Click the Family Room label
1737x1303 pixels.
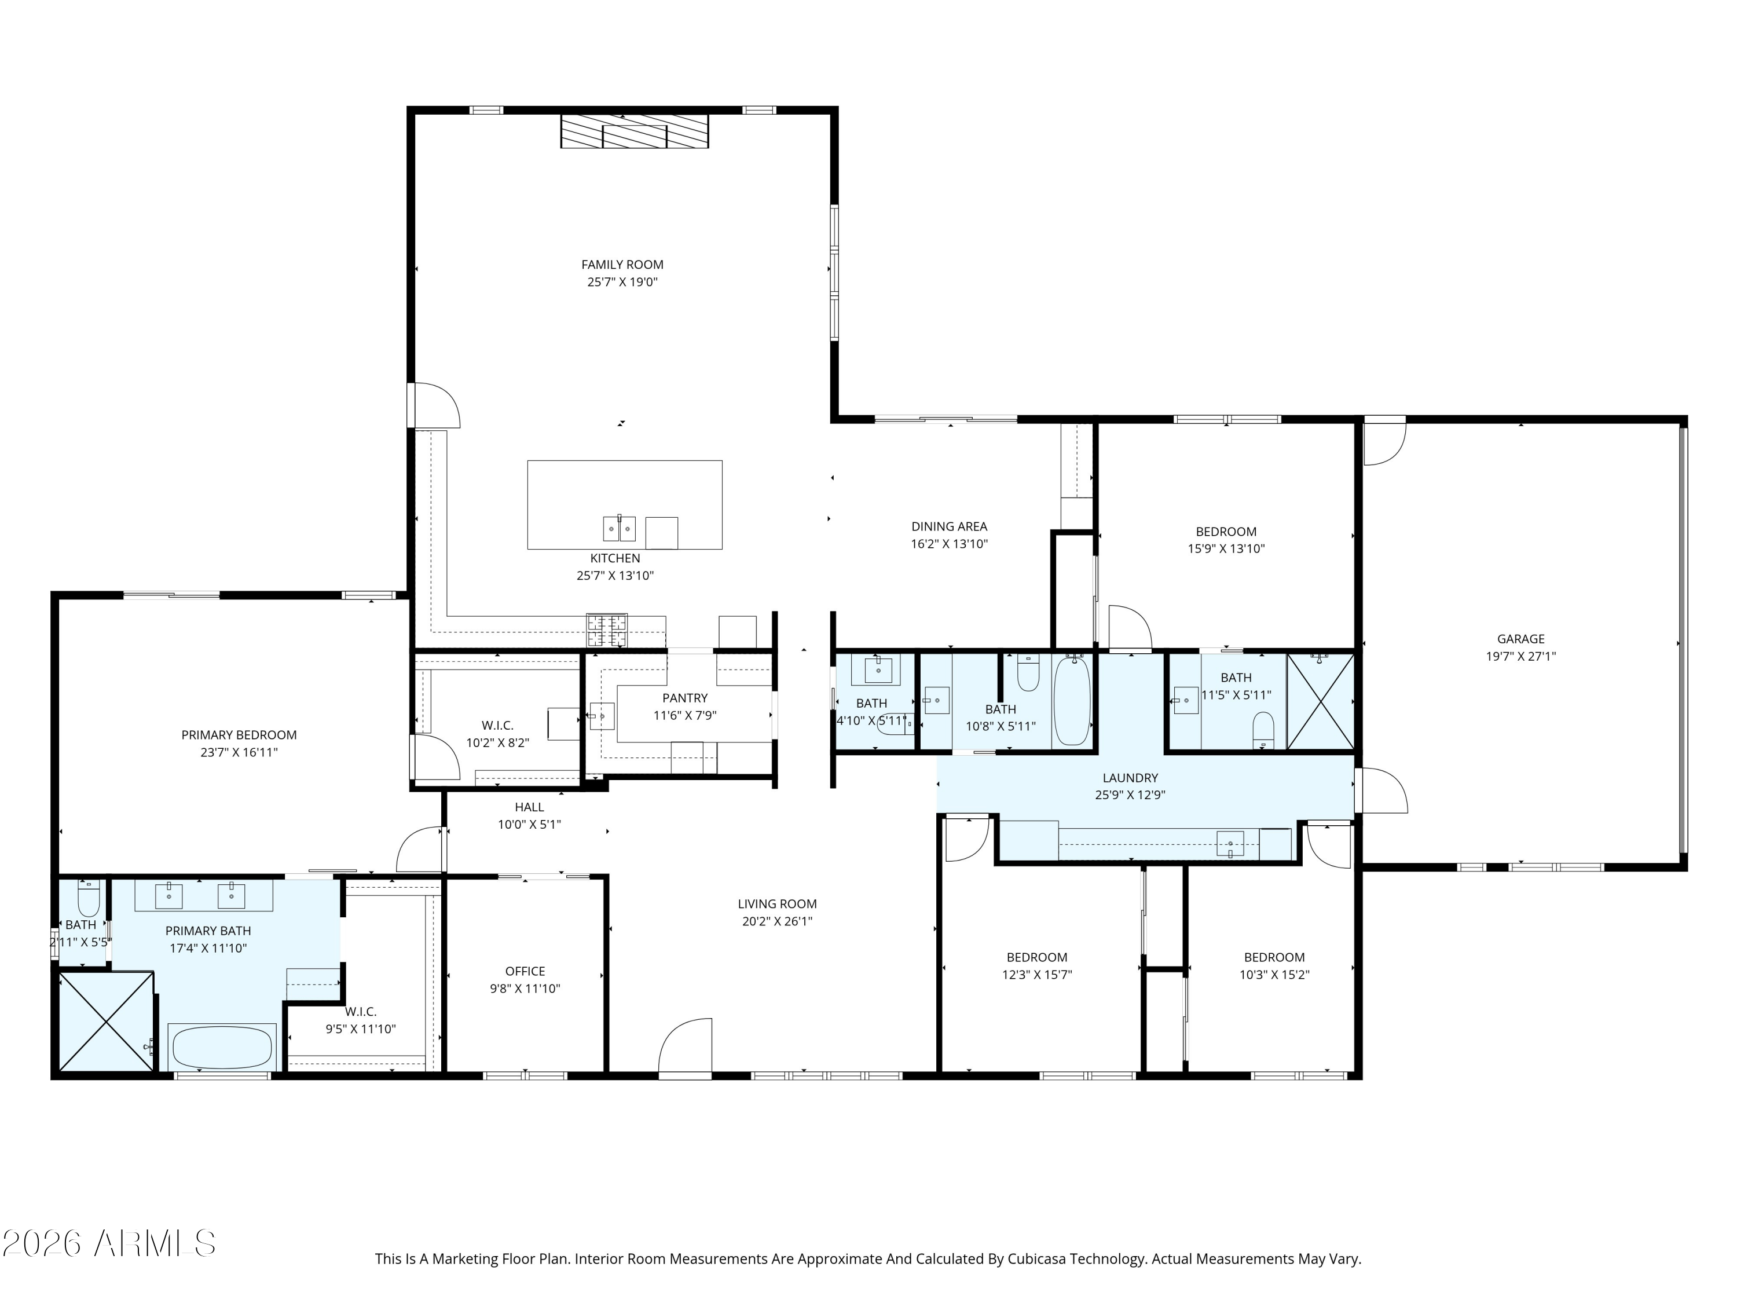click(622, 265)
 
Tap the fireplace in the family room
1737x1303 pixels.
click(635, 131)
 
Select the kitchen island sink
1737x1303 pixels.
click(619, 529)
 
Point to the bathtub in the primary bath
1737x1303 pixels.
click(222, 1047)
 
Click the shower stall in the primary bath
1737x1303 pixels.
click(107, 1021)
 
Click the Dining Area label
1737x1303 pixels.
click(948, 526)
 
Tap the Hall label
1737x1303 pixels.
click(529, 807)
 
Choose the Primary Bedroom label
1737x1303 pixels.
click(239, 735)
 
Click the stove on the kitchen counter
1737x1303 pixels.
click(607, 631)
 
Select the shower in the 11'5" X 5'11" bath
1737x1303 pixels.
click(1321, 701)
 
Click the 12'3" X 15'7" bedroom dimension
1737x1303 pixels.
click(1036, 975)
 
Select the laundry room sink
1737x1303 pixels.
click(1230, 844)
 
